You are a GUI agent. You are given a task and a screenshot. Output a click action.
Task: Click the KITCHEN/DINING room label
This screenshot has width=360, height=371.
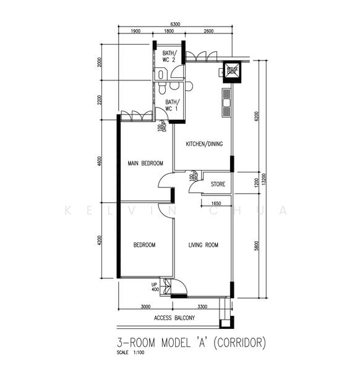(204, 145)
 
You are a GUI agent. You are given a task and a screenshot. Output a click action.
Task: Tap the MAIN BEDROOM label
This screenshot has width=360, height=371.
(145, 163)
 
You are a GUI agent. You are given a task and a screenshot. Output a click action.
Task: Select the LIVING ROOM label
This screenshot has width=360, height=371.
(204, 245)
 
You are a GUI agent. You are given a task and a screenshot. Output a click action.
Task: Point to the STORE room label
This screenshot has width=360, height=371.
(218, 184)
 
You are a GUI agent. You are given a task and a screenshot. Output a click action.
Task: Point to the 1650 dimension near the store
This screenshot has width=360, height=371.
(216, 203)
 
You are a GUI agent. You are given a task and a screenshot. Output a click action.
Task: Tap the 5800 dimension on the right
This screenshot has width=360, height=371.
(255, 245)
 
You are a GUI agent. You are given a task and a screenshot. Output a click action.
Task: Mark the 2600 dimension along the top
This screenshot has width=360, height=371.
(208, 32)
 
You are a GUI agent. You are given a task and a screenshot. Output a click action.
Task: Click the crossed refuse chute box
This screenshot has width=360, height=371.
(232, 70)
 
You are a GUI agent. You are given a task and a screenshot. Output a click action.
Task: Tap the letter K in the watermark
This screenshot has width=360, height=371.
(68, 210)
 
